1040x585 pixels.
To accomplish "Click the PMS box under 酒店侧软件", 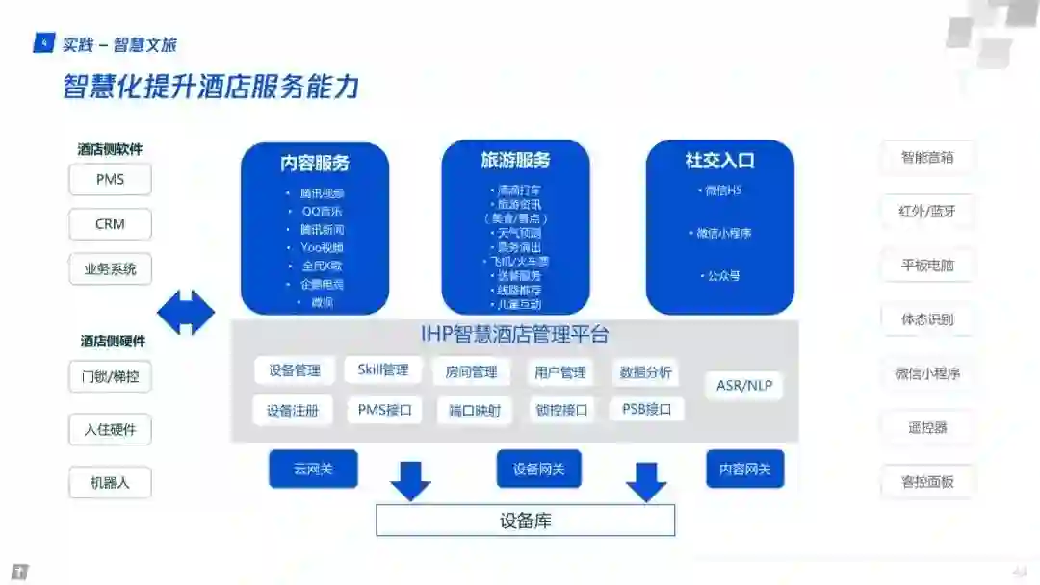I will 110,180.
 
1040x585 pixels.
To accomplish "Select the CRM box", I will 110,224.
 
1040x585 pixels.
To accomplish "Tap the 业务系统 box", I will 110,269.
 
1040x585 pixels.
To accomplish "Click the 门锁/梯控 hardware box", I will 110,376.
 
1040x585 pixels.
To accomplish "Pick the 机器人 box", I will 110,482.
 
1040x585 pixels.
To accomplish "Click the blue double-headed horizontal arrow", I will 186,314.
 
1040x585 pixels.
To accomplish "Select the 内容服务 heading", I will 315,163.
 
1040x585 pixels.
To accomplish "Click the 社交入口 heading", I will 719,161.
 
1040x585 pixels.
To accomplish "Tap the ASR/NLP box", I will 744,386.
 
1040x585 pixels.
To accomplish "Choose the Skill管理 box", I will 382,370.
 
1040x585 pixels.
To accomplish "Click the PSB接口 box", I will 646,409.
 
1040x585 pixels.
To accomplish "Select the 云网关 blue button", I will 313,469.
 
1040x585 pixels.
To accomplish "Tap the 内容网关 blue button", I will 744,469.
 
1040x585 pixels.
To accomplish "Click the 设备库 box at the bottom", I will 525,521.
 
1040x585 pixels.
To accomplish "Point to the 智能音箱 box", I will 927,158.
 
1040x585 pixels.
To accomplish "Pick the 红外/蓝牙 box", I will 927,212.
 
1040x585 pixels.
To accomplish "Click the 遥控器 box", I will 927,427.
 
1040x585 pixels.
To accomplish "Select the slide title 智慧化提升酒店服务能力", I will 211,87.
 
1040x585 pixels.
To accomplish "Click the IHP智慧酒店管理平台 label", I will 514,335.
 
